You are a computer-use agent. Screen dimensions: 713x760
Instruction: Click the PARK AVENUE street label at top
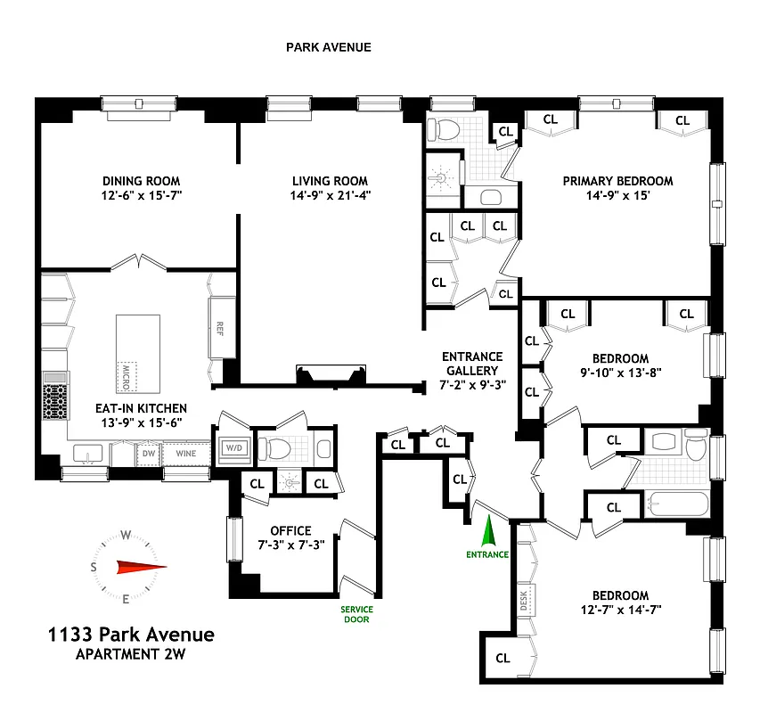click(328, 47)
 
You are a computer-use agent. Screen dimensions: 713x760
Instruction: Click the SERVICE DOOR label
click(356, 615)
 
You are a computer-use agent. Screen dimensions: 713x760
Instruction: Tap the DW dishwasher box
click(148, 454)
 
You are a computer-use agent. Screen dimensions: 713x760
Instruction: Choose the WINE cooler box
click(185, 454)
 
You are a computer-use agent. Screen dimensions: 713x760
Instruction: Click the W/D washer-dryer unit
click(233, 447)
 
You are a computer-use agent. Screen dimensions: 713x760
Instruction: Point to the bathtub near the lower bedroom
click(677, 506)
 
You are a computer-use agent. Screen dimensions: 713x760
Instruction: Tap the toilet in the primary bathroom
click(442, 131)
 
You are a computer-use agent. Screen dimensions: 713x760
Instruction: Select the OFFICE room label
click(291, 531)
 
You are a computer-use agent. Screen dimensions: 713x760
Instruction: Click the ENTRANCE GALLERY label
click(472, 364)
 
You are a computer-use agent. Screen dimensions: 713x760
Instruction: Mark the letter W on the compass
click(127, 535)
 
